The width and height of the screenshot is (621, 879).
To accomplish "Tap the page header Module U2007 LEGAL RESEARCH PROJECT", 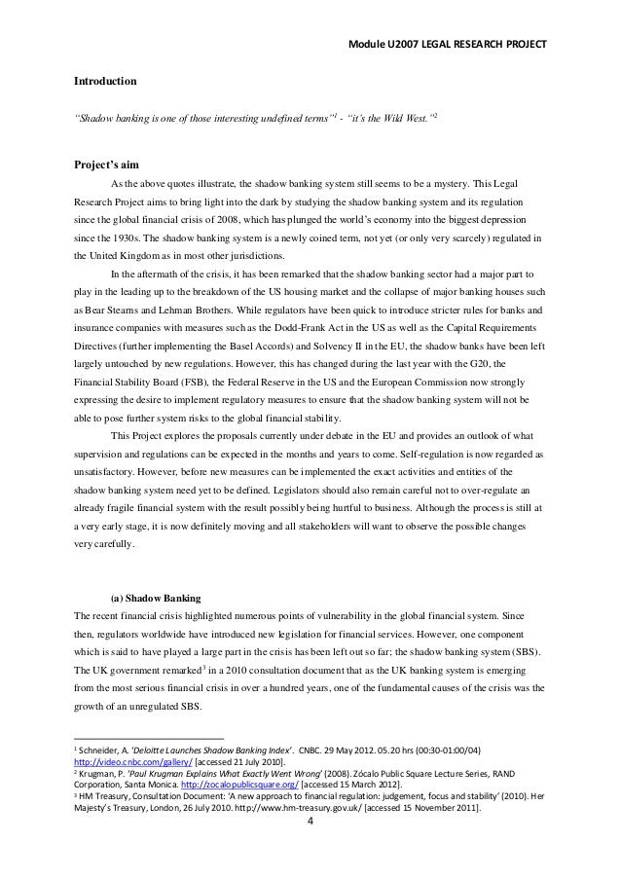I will [x=452, y=45].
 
